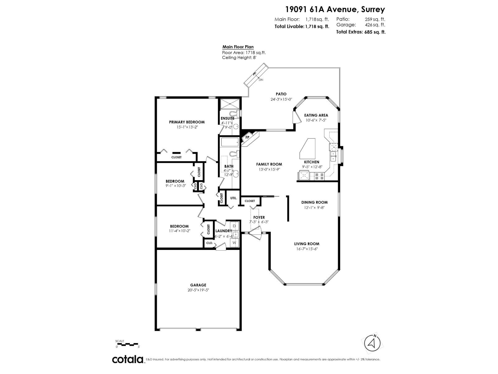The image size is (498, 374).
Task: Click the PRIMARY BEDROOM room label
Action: click(x=187, y=122)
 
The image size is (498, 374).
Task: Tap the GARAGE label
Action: click(x=198, y=285)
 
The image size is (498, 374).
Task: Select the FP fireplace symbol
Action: click(x=248, y=137)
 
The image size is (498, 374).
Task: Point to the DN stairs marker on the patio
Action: click(x=261, y=80)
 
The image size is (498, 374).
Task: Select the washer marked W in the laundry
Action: click(x=234, y=242)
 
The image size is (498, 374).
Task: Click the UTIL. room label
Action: click(x=233, y=198)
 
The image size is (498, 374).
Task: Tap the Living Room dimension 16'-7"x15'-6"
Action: click(x=307, y=249)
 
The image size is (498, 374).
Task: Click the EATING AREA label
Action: click(x=316, y=115)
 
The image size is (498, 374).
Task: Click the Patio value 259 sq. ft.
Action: click(x=375, y=19)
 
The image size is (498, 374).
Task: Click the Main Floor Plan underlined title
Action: click(x=238, y=47)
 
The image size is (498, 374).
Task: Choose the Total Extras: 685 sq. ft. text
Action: click(x=361, y=32)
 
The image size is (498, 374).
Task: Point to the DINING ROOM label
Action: click(x=314, y=202)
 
